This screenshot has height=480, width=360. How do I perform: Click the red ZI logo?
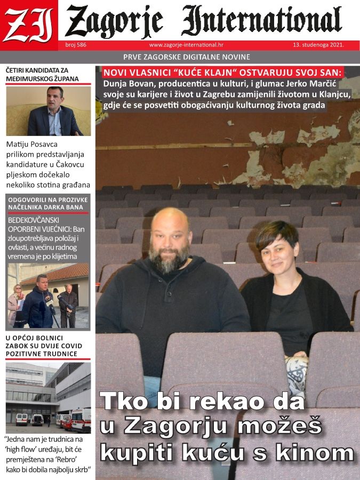(29, 23)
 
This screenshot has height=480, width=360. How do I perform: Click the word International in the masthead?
(261, 21)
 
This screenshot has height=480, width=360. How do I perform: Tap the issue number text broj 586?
(76, 45)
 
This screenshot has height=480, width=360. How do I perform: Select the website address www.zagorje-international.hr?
(186, 45)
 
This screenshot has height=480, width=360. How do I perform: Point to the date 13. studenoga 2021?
(318, 45)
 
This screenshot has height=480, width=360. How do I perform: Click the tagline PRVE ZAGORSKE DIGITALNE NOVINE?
(186, 57)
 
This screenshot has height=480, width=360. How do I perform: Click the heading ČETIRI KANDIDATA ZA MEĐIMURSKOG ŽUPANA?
(43, 75)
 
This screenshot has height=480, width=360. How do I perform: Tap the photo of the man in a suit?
(49, 111)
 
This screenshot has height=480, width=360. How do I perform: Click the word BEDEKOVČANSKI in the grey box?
(33, 220)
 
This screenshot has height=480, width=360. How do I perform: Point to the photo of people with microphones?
(48, 296)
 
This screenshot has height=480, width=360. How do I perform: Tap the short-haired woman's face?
(279, 255)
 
